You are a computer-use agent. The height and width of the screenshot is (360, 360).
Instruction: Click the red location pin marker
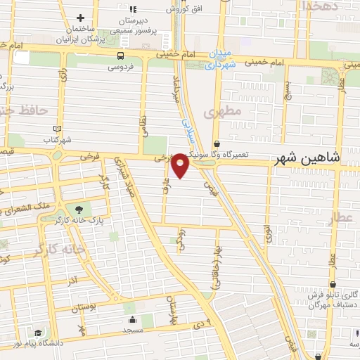pyautogui.click(x=181, y=165)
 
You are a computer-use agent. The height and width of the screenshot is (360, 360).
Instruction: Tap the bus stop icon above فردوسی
pyautogui.click(x=122, y=55)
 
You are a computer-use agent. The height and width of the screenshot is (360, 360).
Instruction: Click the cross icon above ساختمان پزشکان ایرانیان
pyautogui.click(x=80, y=18)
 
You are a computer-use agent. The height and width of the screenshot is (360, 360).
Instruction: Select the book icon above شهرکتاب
pyautogui.click(x=58, y=128)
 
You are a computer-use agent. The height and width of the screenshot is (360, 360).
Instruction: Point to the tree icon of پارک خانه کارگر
pyautogui.click(x=79, y=208)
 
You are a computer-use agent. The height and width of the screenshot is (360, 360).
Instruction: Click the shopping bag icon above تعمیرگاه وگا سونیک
pyautogui.click(x=216, y=143)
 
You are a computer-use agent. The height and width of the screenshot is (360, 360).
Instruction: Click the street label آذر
pyautogui.click(x=72, y=281)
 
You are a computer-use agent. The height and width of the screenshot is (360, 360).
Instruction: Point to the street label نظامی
pyautogui.click(x=143, y=124)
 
